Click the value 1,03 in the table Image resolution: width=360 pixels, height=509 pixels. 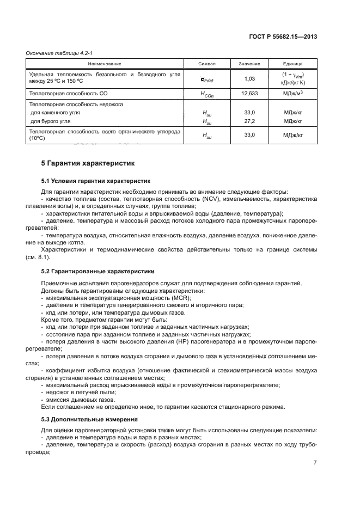pos(250,79)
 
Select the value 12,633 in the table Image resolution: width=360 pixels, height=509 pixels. pos(250,94)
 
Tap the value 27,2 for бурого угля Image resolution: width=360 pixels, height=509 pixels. pos(250,121)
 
